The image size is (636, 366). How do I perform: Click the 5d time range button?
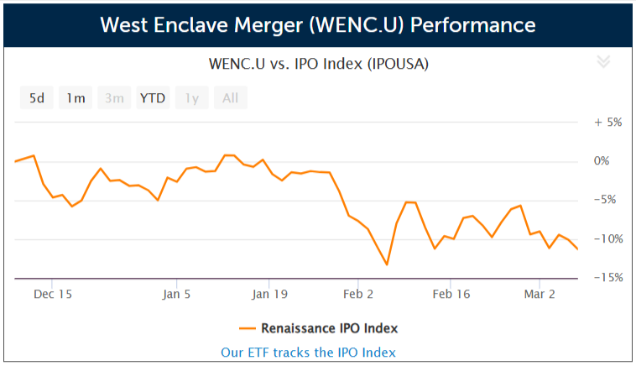[37, 98]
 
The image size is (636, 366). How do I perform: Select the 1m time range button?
[76, 98]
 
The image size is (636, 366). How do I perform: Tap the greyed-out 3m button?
[114, 98]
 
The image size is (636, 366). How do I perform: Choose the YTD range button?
[153, 98]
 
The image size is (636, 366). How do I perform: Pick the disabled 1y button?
[191, 98]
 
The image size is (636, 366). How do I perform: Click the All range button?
[230, 98]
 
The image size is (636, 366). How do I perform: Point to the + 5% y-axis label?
[607, 122]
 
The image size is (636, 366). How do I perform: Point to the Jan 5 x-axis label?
[177, 295]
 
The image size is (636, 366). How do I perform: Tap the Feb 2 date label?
[358, 295]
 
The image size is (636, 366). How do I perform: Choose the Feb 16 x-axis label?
[451, 295]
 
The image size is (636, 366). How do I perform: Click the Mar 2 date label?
[540, 295]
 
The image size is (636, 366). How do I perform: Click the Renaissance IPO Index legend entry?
[318, 328]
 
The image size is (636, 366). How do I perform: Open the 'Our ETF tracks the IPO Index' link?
[308, 353]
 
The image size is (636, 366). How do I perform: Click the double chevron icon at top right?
[602, 61]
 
